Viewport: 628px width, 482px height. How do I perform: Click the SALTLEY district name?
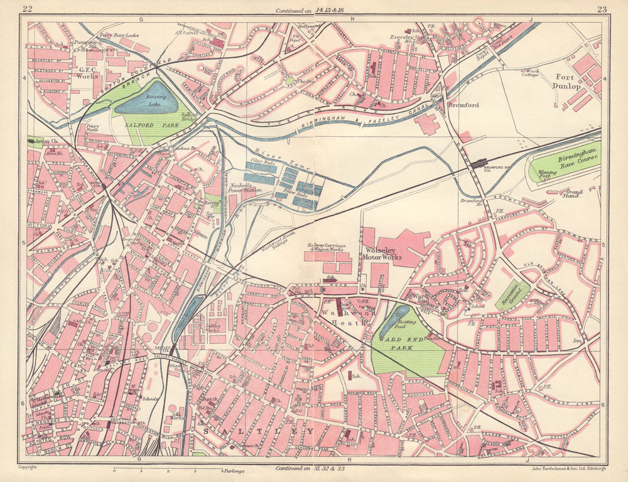click(x=257, y=431)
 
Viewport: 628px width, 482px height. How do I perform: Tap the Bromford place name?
click(x=463, y=105)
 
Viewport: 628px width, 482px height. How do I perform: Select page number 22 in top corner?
click(x=26, y=8)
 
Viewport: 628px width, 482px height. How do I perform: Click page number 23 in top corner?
click(x=601, y=8)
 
